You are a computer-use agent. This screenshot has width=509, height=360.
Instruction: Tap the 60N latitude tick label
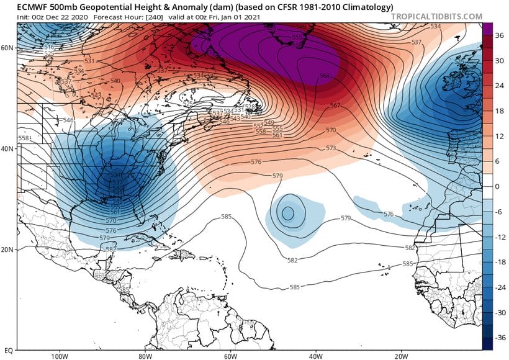pos(7,47)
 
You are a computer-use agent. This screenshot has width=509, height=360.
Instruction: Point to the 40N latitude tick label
pos(7,148)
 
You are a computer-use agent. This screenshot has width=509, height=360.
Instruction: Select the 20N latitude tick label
pos(7,250)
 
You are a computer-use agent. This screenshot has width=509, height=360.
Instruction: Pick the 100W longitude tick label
pos(60,356)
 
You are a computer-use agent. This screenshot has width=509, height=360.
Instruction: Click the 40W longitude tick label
pos(315,356)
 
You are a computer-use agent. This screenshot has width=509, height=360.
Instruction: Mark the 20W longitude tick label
pos(400,356)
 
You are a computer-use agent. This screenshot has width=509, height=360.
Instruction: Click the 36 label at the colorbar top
pos(497,37)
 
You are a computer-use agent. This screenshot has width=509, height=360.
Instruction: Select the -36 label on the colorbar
pos(498,338)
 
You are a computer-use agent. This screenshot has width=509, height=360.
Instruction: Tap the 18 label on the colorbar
pos(497,112)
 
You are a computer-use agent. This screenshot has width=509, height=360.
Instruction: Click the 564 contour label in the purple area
pos(324,76)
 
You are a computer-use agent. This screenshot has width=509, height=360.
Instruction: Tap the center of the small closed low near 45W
pos(287,213)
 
